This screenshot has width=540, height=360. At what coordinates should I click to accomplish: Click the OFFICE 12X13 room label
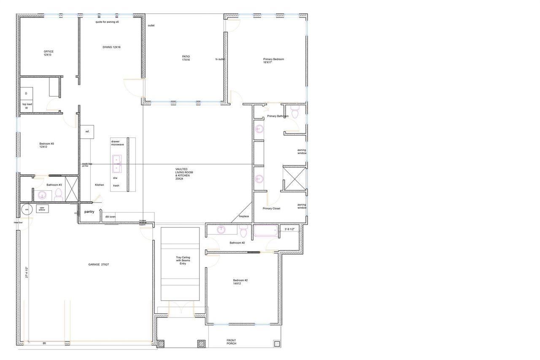point(49,53)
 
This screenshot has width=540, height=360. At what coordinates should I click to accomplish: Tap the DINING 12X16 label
point(111,47)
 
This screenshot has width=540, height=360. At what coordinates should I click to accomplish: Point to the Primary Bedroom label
point(273,61)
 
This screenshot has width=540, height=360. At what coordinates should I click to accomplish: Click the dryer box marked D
point(26,93)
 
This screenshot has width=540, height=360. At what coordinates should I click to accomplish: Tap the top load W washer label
point(27,106)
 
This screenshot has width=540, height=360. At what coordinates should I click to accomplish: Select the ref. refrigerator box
point(87,132)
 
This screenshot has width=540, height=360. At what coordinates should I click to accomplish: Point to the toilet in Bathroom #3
point(59,194)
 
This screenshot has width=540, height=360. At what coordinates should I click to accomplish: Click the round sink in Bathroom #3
point(42,195)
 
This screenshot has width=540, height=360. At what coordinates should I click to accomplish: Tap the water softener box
point(42,208)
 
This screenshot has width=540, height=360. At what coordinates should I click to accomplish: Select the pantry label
point(89,211)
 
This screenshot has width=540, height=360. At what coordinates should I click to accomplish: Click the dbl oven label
point(110,217)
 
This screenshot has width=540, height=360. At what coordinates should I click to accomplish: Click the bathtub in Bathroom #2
point(265,231)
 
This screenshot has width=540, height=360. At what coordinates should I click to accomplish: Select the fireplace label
point(244,216)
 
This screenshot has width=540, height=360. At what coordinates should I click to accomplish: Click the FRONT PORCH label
point(231,342)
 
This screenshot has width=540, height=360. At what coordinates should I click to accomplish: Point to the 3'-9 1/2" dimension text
point(292,229)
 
